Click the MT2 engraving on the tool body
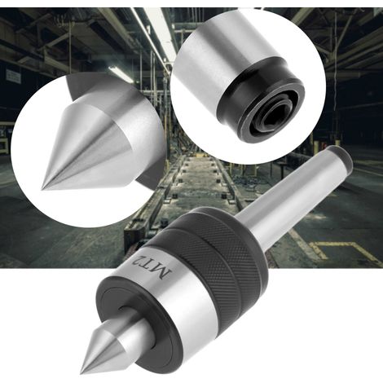(151, 266)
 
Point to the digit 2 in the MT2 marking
(138, 258)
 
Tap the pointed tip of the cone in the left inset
(42, 188)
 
